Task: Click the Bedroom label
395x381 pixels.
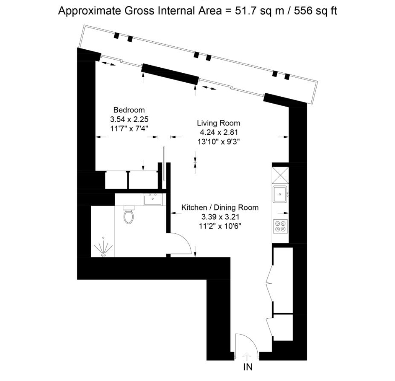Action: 129,110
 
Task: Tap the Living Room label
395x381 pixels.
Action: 218,123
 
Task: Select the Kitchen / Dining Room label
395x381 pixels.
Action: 220,208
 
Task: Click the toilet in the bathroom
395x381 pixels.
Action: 129,215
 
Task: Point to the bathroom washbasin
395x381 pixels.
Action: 153,200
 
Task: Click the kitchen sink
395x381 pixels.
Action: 280,194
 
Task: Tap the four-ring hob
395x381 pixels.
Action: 280,226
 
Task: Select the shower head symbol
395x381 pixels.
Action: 103,248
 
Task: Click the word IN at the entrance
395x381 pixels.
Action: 248,367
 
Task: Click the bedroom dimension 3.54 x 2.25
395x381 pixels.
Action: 129,119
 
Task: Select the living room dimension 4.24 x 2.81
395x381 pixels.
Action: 219,132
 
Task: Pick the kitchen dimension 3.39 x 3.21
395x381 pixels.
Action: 220,217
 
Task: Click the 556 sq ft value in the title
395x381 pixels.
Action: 316,11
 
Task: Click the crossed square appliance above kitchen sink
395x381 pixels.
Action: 280,175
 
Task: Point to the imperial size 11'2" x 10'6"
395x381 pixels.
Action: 220,226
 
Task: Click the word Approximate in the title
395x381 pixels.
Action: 89,12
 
